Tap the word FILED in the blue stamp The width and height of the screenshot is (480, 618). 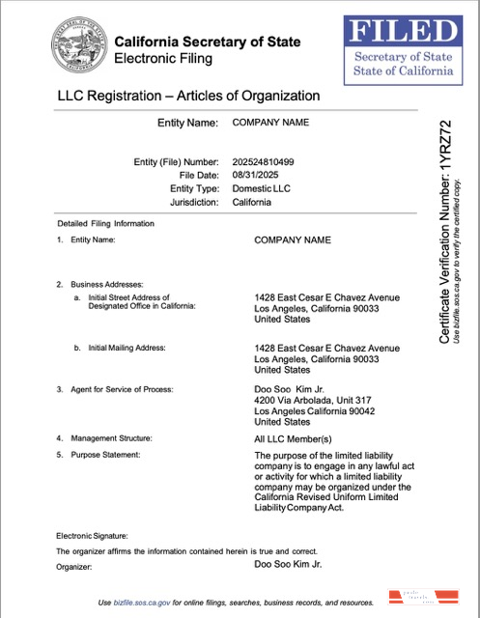coord(402,32)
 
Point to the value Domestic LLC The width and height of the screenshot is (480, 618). coord(261,189)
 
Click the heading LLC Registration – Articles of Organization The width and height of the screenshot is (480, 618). coord(188,96)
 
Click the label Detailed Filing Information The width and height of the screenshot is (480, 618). coord(105,224)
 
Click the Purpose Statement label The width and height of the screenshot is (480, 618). coord(105,454)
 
